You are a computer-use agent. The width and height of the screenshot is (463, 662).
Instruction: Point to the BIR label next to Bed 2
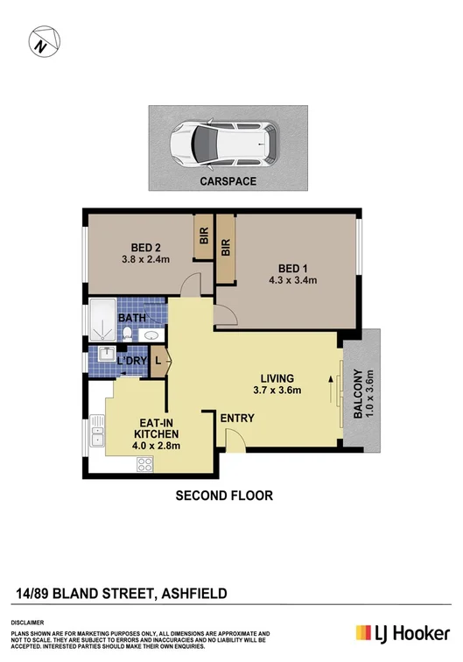pos(203,237)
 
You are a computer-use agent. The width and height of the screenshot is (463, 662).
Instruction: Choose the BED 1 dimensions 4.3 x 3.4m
pos(292,280)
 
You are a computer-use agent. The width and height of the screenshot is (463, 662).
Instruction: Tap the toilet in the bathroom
pos(128,332)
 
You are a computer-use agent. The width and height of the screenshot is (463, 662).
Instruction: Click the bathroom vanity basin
pos(151,335)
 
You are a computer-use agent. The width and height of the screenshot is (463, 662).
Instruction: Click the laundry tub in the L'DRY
pos(102,360)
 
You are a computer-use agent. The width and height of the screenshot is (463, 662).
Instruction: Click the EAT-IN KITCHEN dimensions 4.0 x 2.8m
pos(157,446)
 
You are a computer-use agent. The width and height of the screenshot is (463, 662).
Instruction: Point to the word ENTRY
pos(237,419)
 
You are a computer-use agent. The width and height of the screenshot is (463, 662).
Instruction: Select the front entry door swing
pos(234,443)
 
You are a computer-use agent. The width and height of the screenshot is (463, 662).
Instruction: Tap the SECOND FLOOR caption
pos(225,496)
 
